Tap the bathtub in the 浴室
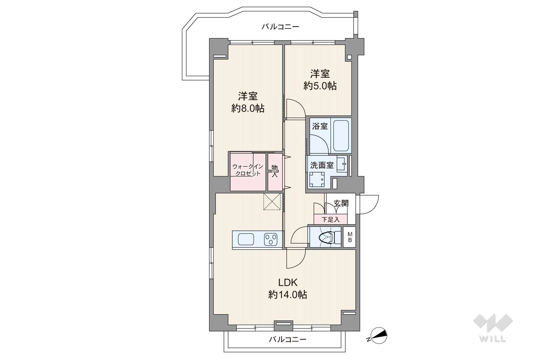341,135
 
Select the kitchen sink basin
246,239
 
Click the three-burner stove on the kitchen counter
270,239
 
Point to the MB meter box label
350,237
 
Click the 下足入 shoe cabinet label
330,219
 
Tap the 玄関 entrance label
341,203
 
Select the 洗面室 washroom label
322,165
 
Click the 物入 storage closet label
274,171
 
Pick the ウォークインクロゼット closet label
247,170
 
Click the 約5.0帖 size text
320,86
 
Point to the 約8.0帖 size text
248,108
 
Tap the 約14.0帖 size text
288,294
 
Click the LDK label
288,282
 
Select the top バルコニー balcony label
280,26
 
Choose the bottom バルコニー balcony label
288,340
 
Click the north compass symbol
378,336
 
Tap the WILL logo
493,328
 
